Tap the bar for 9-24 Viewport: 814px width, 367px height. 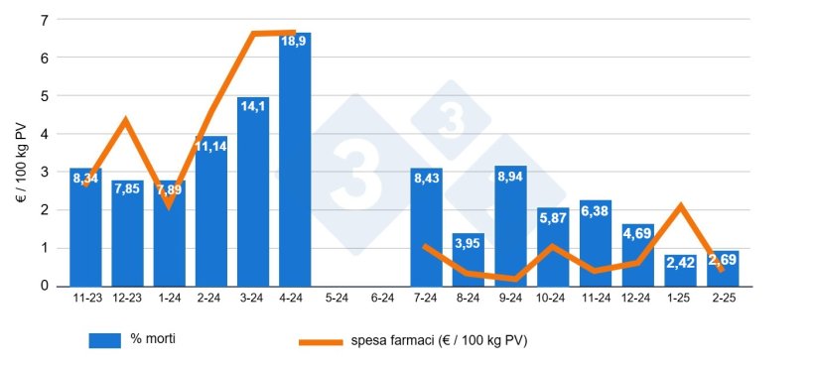coord(510,228)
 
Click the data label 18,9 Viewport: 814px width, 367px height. coord(295,42)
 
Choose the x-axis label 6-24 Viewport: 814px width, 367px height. coord(381,297)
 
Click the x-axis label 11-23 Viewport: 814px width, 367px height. coord(85,297)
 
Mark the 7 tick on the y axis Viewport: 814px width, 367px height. coord(45,20)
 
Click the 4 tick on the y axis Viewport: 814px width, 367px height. coord(45,134)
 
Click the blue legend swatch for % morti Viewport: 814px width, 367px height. coord(104,340)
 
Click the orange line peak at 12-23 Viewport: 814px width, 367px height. coord(126,121)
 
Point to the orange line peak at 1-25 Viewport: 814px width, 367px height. coord(680,206)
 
